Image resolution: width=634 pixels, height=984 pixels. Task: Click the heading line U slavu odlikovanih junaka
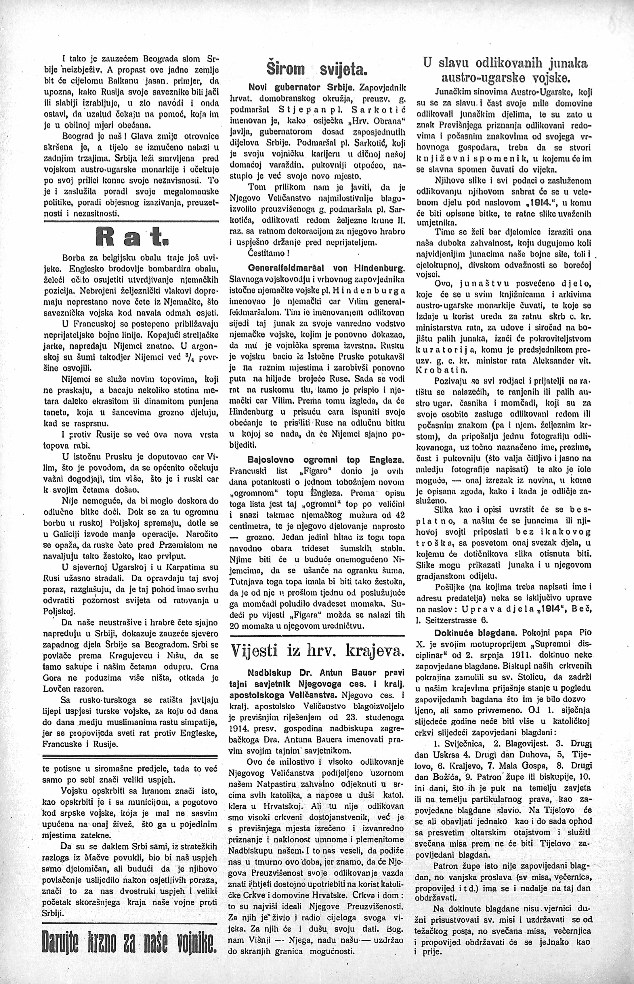tap(505, 64)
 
